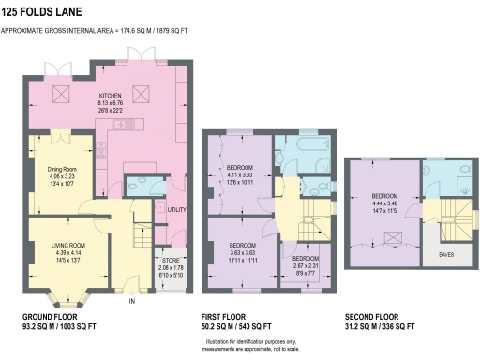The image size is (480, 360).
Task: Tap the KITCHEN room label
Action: pos(112,96)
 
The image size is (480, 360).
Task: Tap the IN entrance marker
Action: pos(132,300)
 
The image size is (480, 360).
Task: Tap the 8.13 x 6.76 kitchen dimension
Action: pos(112,103)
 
